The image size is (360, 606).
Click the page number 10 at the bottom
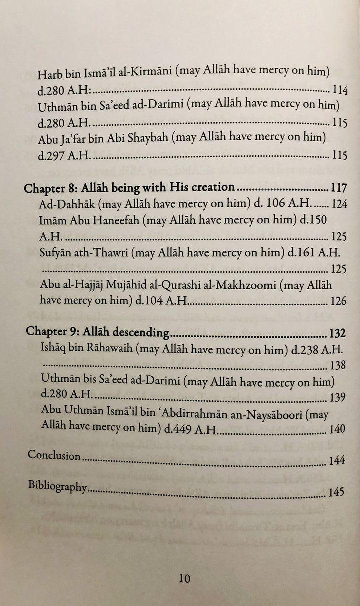point(184,579)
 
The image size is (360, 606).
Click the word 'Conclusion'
point(54,456)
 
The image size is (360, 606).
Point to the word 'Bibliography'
point(58,486)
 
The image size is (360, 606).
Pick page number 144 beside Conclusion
point(337,461)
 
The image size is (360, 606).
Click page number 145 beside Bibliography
point(337,492)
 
